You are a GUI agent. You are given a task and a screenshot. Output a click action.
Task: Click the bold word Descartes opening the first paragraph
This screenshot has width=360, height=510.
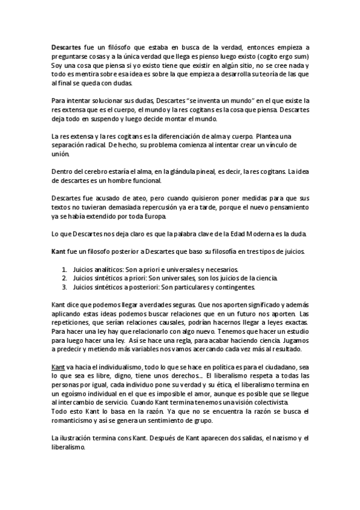click(x=67, y=48)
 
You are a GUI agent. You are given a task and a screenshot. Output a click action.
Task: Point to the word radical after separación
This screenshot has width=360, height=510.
click(x=95, y=145)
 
